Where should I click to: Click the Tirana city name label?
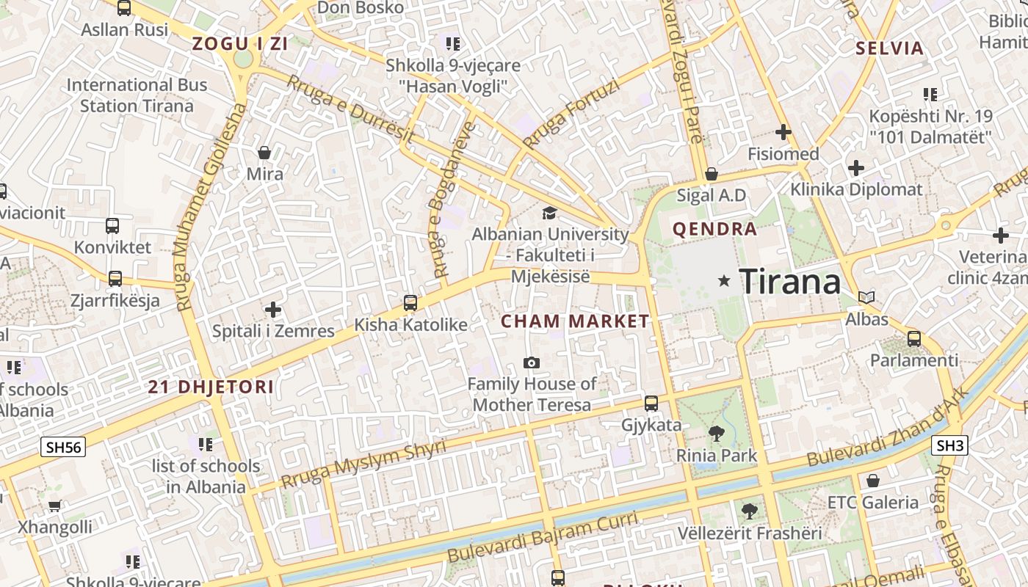tap(789, 281)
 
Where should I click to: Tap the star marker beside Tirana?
tap(724, 280)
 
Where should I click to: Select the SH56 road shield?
tap(63, 446)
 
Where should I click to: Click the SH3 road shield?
tap(949, 445)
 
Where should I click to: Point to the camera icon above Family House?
tap(532, 362)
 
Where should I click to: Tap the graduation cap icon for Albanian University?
tap(549, 214)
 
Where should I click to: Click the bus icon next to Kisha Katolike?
tap(410, 302)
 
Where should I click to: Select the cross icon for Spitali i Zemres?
tap(273, 310)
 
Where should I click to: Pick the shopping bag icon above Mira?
tap(264, 153)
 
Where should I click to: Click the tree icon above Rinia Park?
tap(716, 434)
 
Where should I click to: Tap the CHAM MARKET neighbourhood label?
tap(575, 321)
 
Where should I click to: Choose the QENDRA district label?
tap(714, 229)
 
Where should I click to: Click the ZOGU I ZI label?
tap(239, 44)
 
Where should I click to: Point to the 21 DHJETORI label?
tap(211, 387)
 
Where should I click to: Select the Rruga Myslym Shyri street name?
tap(363, 464)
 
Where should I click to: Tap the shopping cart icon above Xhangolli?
tap(55, 506)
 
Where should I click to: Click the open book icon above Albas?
tap(866, 297)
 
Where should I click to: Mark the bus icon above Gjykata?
tap(651, 403)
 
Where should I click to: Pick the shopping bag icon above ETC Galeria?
tap(872, 481)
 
